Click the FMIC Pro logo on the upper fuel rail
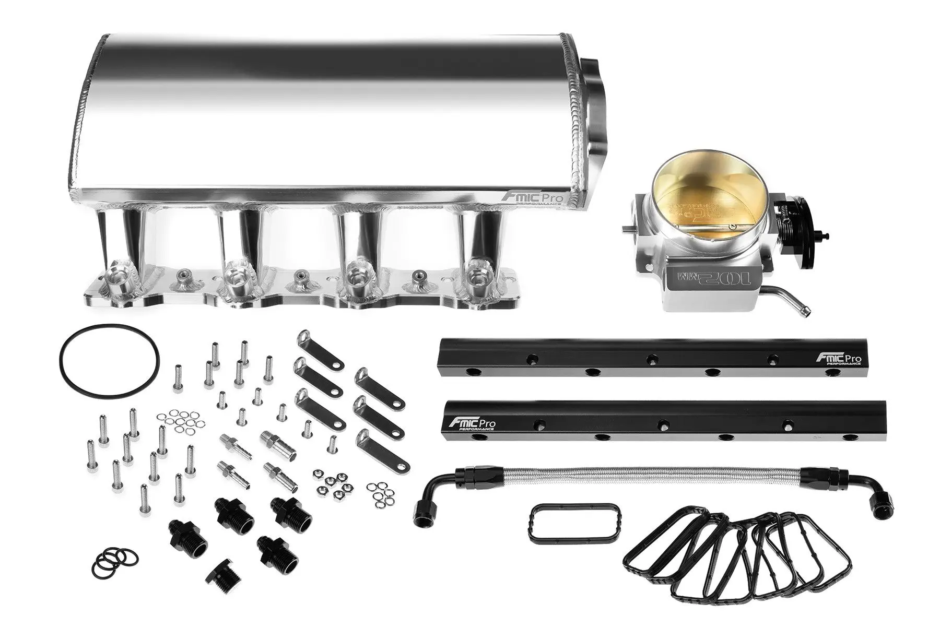point(838,359)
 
